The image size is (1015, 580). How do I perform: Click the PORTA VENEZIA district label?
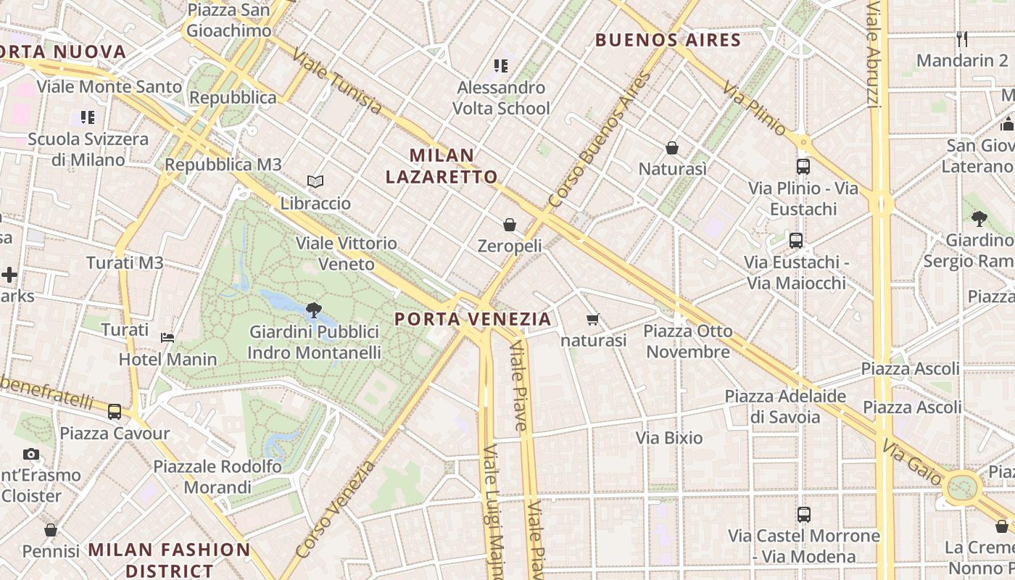tap(473, 319)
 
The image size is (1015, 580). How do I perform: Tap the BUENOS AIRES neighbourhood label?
tap(668, 40)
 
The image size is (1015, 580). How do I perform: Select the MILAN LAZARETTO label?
tap(442, 166)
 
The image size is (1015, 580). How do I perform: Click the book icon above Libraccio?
tap(315, 181)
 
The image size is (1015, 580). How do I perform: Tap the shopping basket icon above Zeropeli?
tap(510, 225)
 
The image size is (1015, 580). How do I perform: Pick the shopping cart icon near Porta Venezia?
tap(593, 319)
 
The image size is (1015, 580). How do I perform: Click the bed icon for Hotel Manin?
tap(167, 337)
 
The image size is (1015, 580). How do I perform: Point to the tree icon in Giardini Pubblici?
tap(314, 310)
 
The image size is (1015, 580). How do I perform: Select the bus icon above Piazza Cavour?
tap(115, 412)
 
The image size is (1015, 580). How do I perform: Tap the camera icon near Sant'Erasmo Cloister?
tap(31, 455)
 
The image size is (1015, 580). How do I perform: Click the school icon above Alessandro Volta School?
tap(501, 66)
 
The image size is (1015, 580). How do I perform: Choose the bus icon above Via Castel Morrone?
tap(804, 515)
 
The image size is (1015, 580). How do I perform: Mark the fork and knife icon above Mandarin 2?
tap(962, 38)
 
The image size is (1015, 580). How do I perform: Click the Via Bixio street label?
tap(669, 438)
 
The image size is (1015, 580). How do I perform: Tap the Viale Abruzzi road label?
tap(874, 54)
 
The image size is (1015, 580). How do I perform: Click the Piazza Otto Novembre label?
tap(688, 341)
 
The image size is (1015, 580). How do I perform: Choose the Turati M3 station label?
tap(125, 263)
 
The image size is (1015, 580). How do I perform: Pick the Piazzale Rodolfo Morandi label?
tap(217, 476)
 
